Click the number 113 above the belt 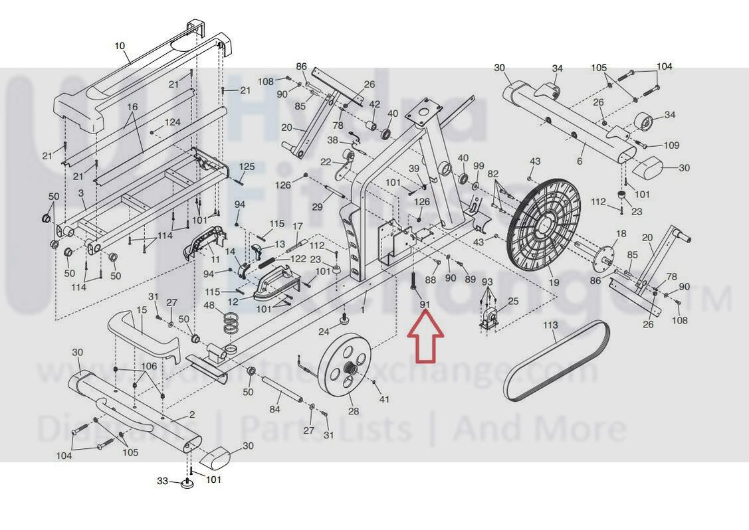click(x=550, y=325)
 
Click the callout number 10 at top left click(x=120, y=46)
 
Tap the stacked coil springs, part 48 click(x=230, y=321)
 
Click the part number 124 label click(x=173, y=122)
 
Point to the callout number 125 click(x=247, y=167)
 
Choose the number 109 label click(x=671, y=145)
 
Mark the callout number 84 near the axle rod click(x=275, y=410)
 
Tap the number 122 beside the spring click(x=298, y=259)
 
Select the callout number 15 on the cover click(x=142, y=310)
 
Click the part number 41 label click(x=383, y=399)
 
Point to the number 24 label click(x=324, y=331)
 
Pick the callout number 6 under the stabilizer click(x=580, y=161)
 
